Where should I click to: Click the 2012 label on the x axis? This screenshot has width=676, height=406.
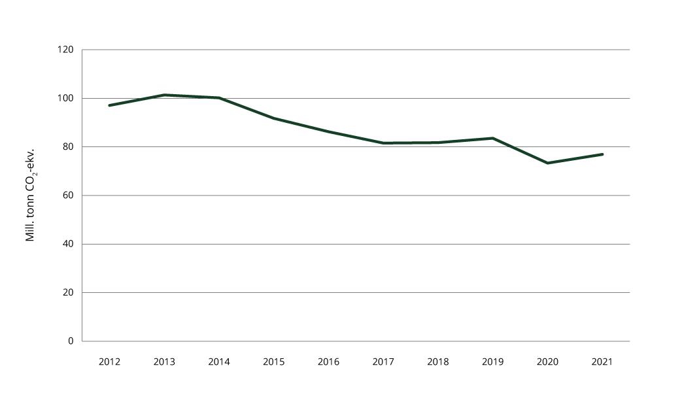tap(109, 362)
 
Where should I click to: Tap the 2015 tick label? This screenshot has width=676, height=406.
tap(273, 362)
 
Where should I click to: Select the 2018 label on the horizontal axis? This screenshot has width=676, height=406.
tap(438, 362)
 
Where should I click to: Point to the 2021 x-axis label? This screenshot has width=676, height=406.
tap(602, 362)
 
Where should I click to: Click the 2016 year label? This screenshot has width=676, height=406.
tap(328, 362)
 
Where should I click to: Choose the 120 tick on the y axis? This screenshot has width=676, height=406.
tap(65, 50)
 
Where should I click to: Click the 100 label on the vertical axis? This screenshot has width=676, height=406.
tap(65, 98)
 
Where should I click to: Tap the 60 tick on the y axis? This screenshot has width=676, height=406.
tap(68, 195)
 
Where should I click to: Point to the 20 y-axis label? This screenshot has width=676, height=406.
tap(68, 292)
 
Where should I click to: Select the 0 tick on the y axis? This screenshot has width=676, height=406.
tap(71, 341)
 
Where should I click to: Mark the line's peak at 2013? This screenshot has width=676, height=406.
tap(164, 95)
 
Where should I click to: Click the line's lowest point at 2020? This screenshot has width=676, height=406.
tap(547, 163)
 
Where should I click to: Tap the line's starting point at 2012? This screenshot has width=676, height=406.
tap(109, 105)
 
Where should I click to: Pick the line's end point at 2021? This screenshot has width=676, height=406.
tap(602, 154)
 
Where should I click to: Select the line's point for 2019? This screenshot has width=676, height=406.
tap(492, 138)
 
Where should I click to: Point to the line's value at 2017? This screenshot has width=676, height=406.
tap(383, 143)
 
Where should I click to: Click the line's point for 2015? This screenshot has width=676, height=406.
tap(273, 118)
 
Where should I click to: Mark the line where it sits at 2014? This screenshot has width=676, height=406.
tap(219, 98)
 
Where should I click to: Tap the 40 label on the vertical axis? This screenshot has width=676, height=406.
tap(68, 244)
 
